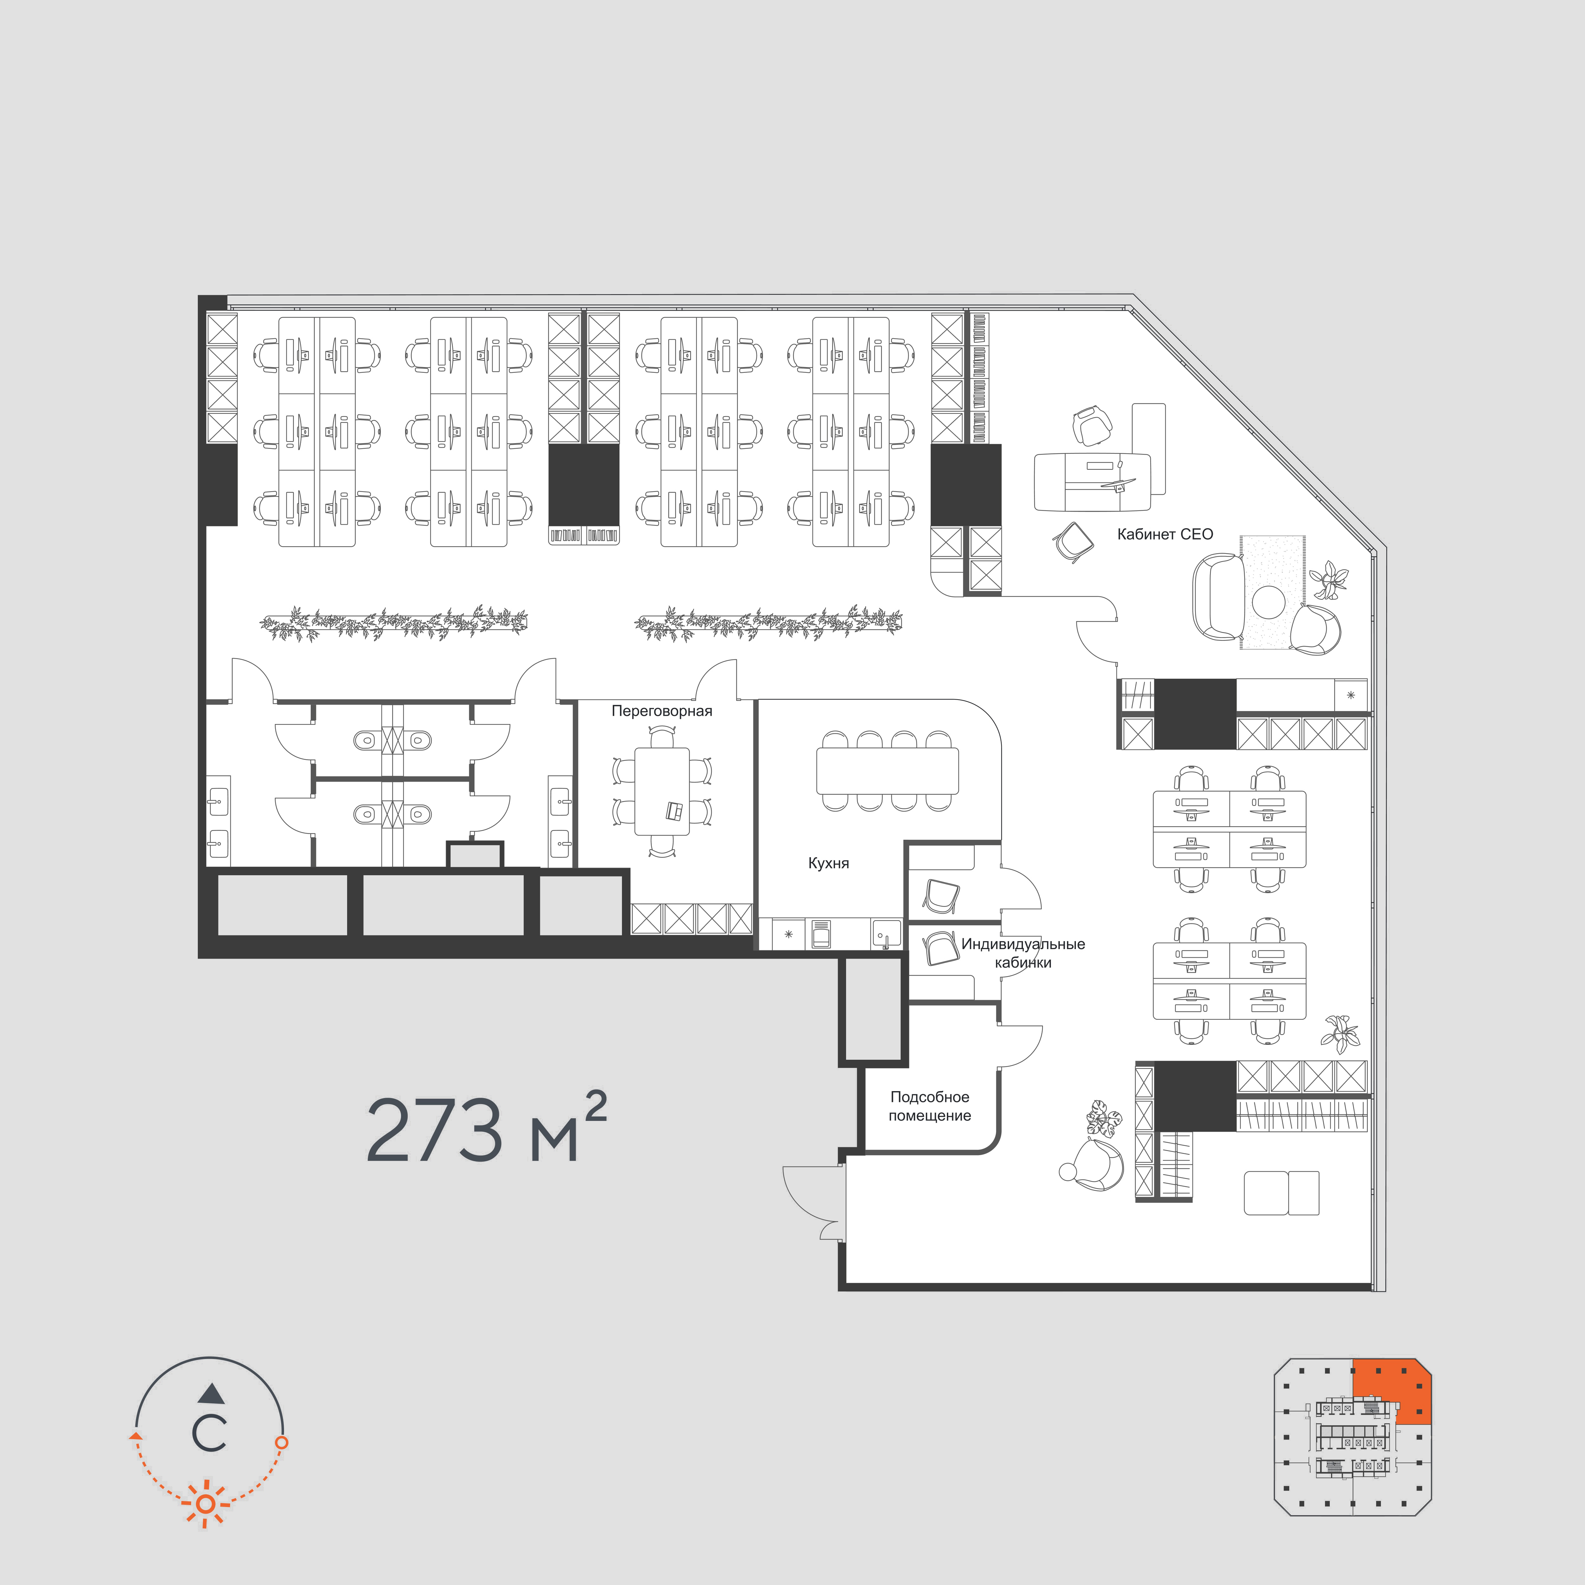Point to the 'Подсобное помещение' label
[929, 1106]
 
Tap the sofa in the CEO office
[1218, 596]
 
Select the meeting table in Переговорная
[661, 791]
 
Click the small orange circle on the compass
[281, 1441]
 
